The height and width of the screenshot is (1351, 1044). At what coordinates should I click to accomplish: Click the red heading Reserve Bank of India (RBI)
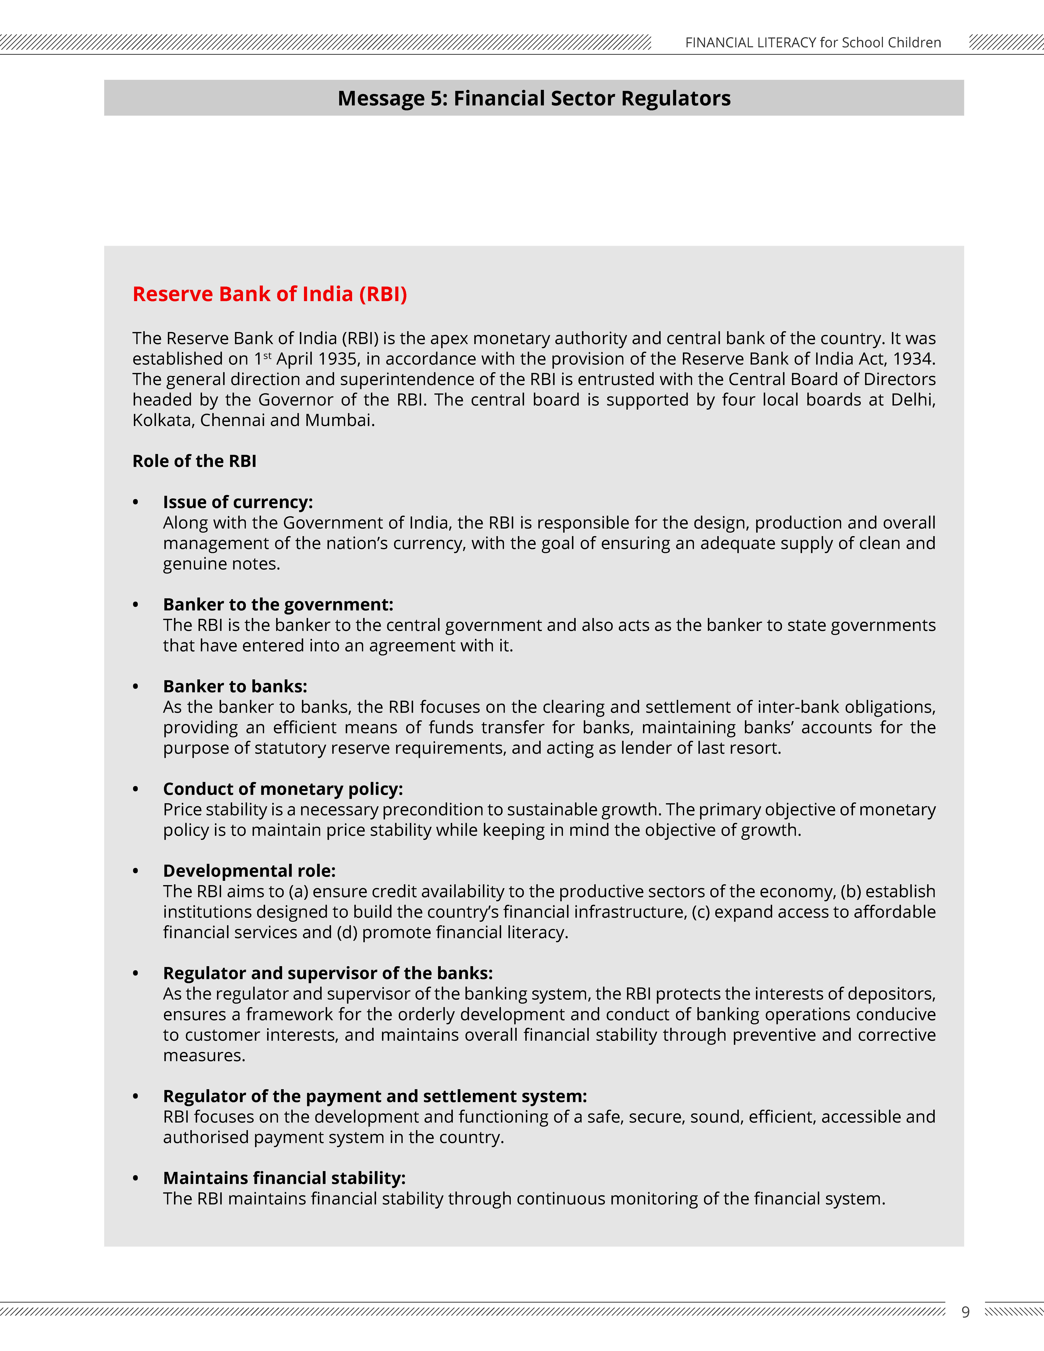(x=270, y=294)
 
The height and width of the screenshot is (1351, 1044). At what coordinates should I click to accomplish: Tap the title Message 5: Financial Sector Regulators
(x=534, y=98)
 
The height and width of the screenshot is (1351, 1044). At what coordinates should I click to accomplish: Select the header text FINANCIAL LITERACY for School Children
(x=813, y=43)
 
